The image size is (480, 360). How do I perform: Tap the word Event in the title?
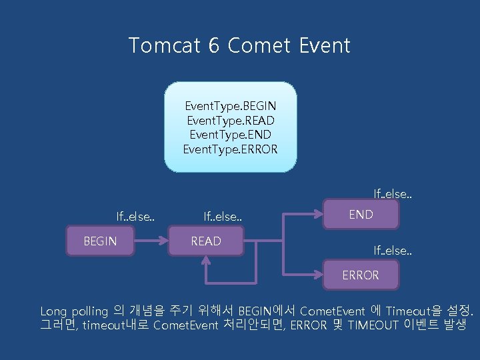click(x=325, y=45)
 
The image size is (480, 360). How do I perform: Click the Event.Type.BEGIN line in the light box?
click(x=231, y=107)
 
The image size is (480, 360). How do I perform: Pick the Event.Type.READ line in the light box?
click(x=231, y=121)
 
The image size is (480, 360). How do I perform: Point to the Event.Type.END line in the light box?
click(x=231, y=134)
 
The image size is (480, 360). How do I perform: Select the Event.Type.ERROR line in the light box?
click(x=231, y=148)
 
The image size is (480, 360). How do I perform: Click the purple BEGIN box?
click(x=100, y=241)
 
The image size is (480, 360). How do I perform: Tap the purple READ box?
click(x=206, y=241)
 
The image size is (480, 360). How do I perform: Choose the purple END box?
click(x=361, y=215)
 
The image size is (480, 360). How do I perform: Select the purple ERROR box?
click(x=361, y=275)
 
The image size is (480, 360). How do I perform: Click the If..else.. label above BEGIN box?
click(x=136, y=216)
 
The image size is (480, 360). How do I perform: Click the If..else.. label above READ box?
click(x=223, y=216)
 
